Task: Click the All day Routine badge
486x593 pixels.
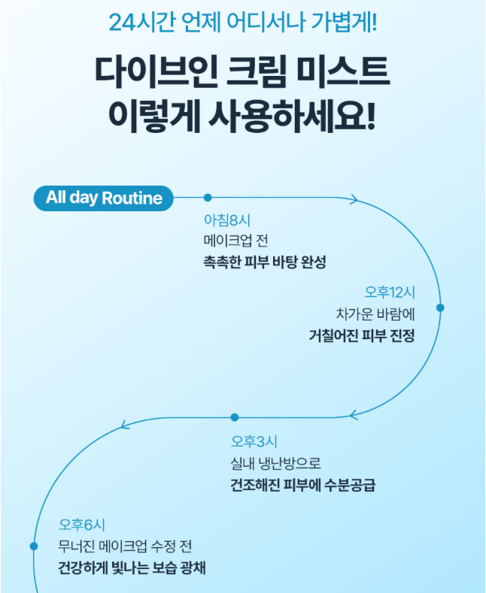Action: click(104, 198)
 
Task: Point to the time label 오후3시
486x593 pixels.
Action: click(254, 441)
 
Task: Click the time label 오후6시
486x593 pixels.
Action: click(82, 525)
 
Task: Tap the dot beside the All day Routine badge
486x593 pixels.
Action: click(208, 198)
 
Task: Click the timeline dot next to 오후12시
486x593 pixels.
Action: click(440, 307)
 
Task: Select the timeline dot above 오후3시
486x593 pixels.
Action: click(235, 417)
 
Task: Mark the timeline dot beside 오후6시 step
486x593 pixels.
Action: click(33, 546)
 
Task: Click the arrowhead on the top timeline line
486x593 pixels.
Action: click(354, 199)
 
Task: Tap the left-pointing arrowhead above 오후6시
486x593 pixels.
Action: click(126, 427)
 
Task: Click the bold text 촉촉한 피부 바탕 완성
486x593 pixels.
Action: click(265, 262)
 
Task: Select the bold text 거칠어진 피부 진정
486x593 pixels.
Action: click(361, 334)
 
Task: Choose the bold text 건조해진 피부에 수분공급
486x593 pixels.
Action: click(302, 485)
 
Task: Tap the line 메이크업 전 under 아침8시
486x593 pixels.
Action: click(235, 241)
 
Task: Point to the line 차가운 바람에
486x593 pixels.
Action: click(375, 313)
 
